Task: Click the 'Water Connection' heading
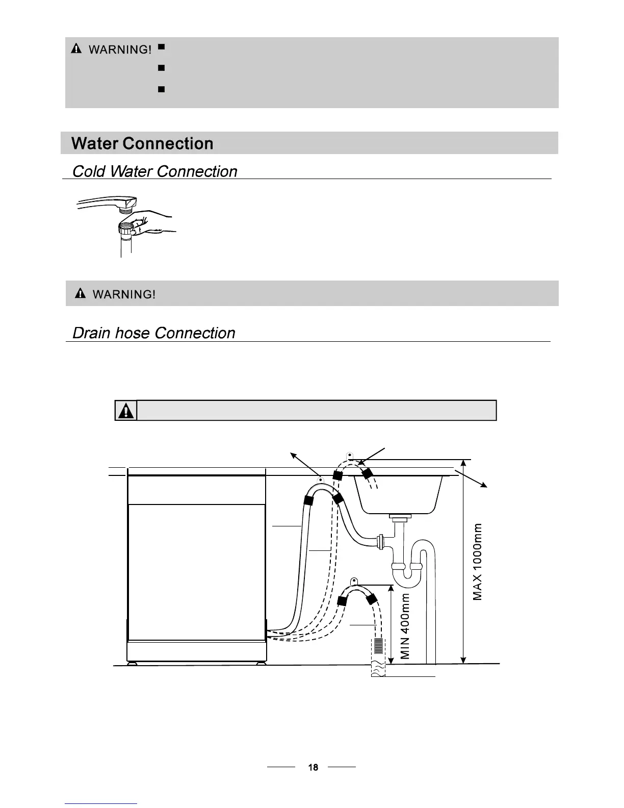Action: [x=142, y=143]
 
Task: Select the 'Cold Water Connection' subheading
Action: [x=154, y=171]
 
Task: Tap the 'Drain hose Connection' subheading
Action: [x=153, y=333]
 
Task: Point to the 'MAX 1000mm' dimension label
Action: [x=477, y=562]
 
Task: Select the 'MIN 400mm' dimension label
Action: [x=405, y=626]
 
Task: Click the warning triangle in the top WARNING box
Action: [x=76, y=49]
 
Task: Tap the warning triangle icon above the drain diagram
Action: [x=126, y=411]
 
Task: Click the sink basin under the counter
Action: [x=398, y=493]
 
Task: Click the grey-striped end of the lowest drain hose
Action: [x=378, y=646]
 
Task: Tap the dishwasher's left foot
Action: [x=133, y=664]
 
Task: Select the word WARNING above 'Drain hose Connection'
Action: [x=124, y=294]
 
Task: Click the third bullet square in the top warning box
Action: [x=161, y=89]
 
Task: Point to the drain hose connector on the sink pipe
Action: [x=379, y=541]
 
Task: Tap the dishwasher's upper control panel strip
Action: [x=196, y=490]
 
